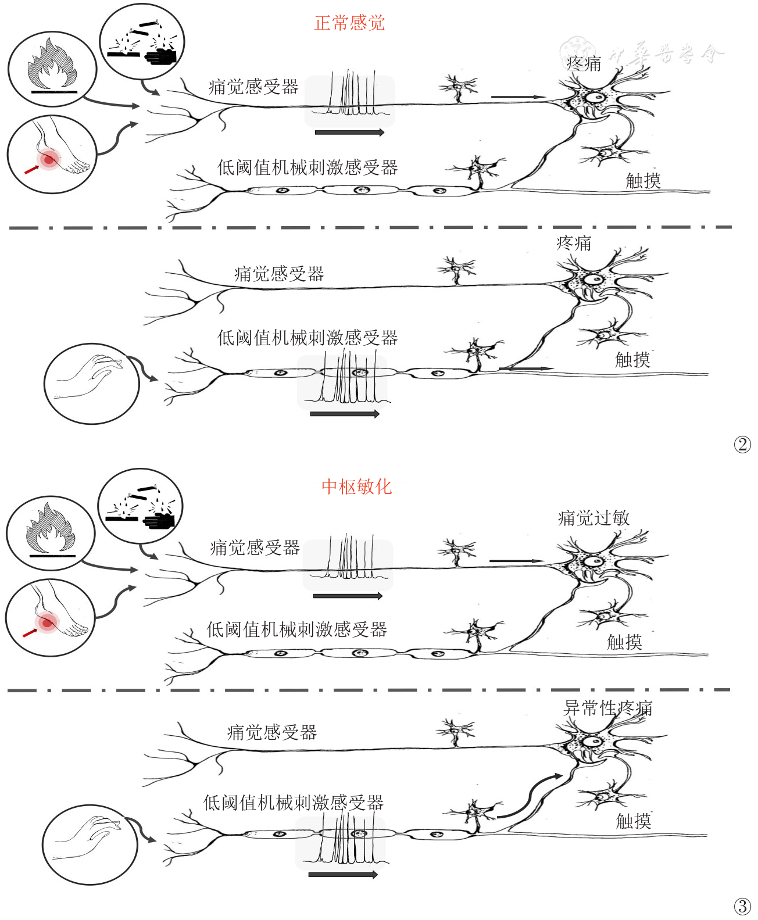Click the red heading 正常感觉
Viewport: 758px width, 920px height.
(x=349, y=23)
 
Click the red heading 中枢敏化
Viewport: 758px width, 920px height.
(x=356, y=486)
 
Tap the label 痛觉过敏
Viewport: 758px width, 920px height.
(x=593, y=518)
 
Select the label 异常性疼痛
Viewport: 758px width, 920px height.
(x=608, y=708)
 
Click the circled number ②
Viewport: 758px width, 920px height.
(x=742, y=445)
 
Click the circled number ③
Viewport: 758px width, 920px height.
(x=742, y=906)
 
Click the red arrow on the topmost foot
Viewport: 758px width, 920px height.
(x=31, y=169)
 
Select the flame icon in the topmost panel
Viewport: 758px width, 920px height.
(x=52, y=68)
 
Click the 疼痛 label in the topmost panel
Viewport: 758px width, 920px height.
(x=584, y=64)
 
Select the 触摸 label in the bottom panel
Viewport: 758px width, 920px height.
(x=633, y=821)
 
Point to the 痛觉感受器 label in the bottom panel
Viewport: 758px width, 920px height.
(x=271, y=732)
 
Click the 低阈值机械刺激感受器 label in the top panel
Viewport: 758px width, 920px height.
(x=308, y=168)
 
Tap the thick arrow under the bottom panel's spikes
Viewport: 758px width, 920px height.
(x=343, y=875)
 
